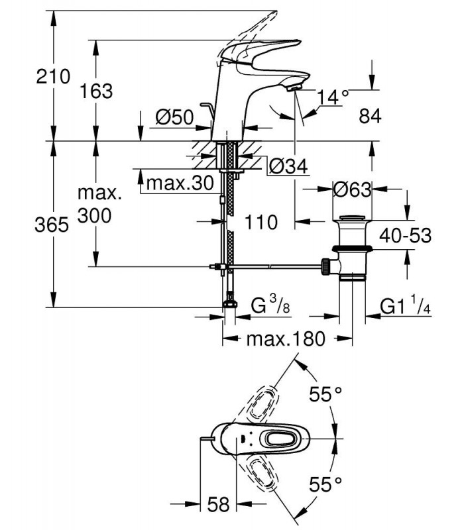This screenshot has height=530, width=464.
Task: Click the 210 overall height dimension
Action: click(54, 76)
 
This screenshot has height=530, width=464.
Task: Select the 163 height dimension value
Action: click(96, 91)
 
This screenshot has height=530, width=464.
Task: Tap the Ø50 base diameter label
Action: click(174, 117)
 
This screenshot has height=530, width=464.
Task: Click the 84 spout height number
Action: click(370, 116)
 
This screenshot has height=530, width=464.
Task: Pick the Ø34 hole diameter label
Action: click(288, 166)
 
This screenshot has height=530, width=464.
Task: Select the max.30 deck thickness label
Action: click(180, 184)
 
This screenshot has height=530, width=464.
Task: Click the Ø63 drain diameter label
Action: click(352, 189)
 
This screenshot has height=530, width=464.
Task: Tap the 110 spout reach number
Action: click(261, 222)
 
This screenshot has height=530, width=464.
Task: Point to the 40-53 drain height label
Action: click(405, 236)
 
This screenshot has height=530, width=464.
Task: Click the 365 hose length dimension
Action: click(52, 225)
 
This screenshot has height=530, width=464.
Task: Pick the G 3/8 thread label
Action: click(270, 305)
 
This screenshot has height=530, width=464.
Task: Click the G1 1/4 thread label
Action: click(405, 305)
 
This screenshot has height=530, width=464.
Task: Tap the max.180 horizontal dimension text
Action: click(286, 339)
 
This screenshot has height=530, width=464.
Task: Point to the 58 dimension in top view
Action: click(218, 504)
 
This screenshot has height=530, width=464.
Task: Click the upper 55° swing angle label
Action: click(325, 394)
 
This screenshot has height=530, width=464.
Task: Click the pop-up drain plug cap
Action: click(352, 219)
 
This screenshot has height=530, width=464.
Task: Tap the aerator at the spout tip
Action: click(293, 89)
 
